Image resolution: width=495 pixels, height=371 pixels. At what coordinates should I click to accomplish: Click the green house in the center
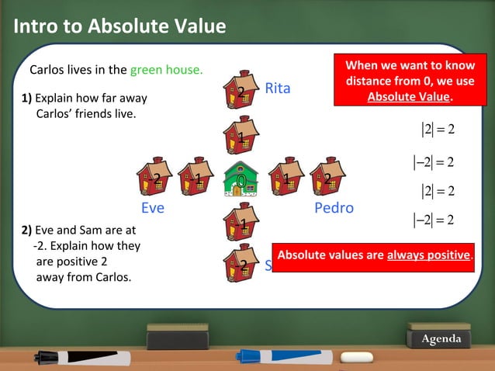pyautogui.click(x=241, y=179)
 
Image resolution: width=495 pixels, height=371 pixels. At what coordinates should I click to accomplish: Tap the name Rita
pyautogui.click(x=277, y=88)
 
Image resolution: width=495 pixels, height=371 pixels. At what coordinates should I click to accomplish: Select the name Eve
pyautogui.click(x=153, y=208)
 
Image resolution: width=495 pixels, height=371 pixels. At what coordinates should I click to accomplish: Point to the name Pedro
pyautogui.click(x=334, y=208)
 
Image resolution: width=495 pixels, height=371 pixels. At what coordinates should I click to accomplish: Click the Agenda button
pyautogui.click(x=441, y=339)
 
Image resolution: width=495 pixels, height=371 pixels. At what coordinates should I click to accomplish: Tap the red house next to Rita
pyautogui.click(x=241, y=92)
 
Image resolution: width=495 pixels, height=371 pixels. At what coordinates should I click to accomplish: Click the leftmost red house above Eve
pyautogui.click(x=154, y=178)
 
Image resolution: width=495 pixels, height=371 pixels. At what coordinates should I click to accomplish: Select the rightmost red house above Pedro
pyautogui.click(x=327, y=178)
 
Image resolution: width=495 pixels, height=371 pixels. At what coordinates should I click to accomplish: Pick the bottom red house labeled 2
pyautogui.click(x=241, y=265)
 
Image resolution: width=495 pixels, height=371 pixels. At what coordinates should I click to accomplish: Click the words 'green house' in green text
pyautogui.click(x=166, y=70)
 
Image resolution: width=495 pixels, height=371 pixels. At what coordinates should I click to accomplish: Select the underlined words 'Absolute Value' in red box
pyautogui.click(x=409, y=97)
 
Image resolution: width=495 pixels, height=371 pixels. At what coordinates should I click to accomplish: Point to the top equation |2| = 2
pyautogui.click(x=438, y=128)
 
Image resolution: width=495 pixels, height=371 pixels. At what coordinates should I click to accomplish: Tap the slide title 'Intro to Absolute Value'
pyautogui.click(x=120, y=27)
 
